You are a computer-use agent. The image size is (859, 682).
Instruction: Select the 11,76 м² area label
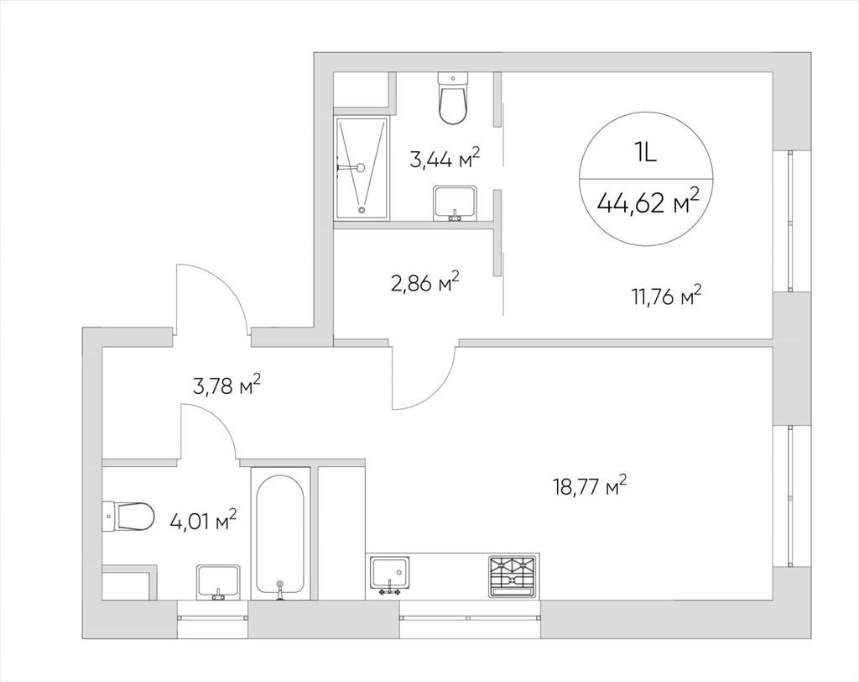[666, 298]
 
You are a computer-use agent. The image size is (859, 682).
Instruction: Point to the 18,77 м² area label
[590, 486]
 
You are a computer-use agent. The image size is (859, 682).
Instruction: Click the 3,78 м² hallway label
[226, 385]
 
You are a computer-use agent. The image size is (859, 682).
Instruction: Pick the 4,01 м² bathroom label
[203, 520]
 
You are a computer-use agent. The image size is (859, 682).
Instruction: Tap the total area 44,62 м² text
[648, 202]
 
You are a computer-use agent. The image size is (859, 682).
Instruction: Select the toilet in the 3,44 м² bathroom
[454, 99]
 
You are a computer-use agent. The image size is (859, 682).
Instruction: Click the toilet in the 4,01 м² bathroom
[128, 517]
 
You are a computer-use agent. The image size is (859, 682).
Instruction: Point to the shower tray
[362, 168]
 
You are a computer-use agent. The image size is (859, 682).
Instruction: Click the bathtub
[280, 532]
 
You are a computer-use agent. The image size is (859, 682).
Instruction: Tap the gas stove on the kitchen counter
[513, 576]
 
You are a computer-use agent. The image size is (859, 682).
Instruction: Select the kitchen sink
[390, 574]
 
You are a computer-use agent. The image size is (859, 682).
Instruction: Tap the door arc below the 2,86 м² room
[438, 392]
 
